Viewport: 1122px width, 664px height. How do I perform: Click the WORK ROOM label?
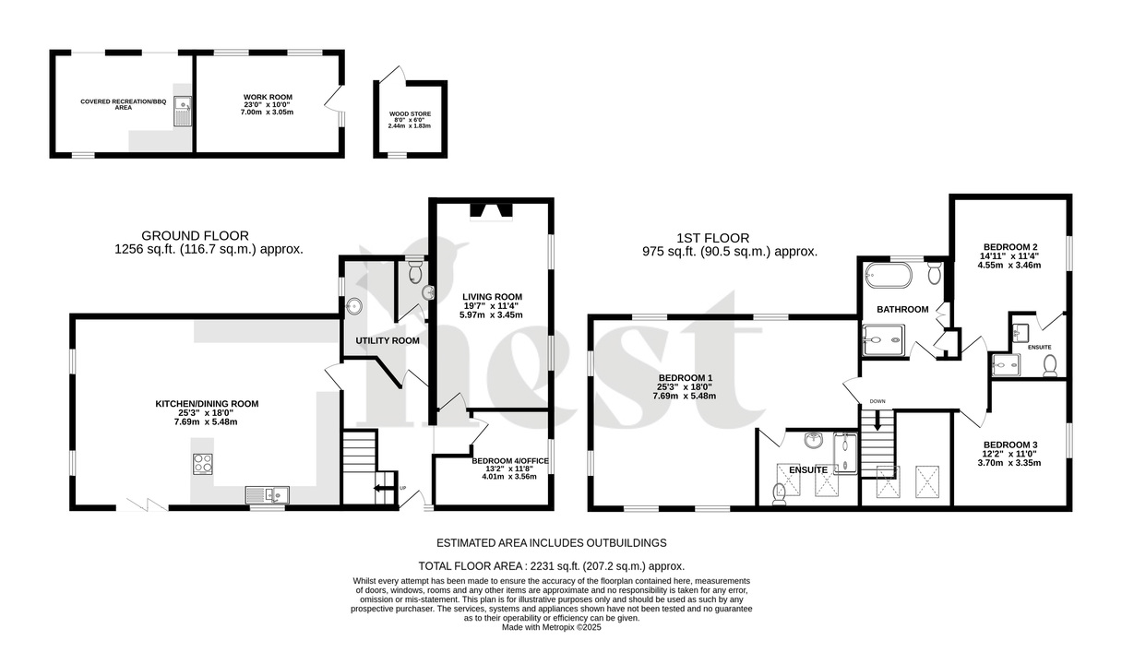(x=268, y=97)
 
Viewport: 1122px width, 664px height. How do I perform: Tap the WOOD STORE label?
(x=410, y=114)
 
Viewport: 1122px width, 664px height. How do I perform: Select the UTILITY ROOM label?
(x=388, y=340)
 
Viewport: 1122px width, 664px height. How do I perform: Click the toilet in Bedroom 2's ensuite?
(x=1049, y=367)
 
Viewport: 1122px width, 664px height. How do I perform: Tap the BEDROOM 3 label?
(x=1009, y=445)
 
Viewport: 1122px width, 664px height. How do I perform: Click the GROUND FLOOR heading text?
(x=195, y=235)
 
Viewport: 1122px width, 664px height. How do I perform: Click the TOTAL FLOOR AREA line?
(x=551, y=566)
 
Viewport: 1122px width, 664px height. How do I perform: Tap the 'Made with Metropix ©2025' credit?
(x=551, y=627)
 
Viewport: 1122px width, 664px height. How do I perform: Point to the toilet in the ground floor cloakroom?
(x=414, y=270)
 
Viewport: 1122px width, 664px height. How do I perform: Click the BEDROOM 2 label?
(x=1009, y=246)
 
